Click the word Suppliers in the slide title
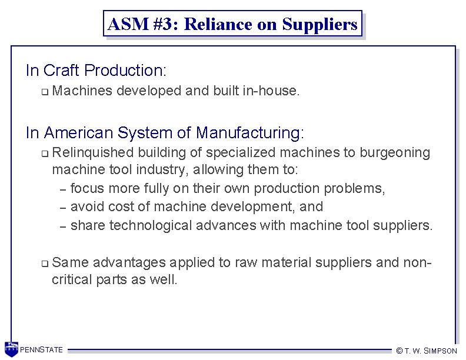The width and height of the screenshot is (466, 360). point(319,24)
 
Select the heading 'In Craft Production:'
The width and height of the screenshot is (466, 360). point(96,71)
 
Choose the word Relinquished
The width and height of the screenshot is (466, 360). point(93,153)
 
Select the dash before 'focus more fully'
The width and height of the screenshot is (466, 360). point(63,189)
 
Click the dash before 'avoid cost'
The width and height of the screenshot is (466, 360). point(63,208)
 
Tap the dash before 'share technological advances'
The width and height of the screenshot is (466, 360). point(63,226)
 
